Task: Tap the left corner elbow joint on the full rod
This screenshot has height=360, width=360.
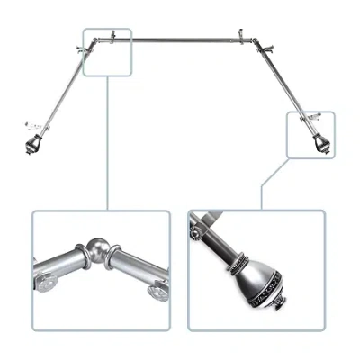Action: (x=93, y=44)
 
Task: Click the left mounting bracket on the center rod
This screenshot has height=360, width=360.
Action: (x=112, y=37)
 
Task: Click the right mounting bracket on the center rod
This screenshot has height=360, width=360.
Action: (x=241, y=37)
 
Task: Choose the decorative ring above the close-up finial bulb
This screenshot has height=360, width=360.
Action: (x=238, y=264)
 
